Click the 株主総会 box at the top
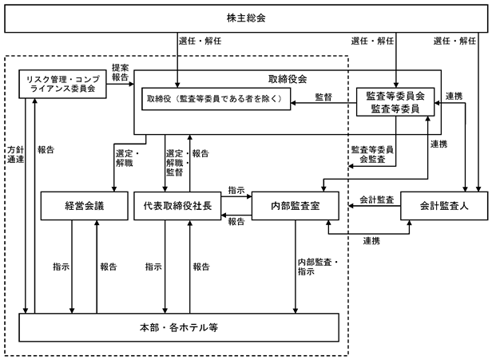(246, 18)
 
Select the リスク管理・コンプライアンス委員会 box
(62, 84)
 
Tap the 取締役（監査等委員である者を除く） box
(216, 99)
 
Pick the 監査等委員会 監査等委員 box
(395, 102)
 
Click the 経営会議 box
(85, 206)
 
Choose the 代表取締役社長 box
(177, 206)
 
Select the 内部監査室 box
(296, 206)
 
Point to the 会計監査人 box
(444, 206)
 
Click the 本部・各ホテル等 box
(179, 327)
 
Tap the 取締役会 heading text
(288, 79)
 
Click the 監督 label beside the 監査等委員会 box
(323, 97)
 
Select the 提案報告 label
(120, 73)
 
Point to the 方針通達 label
(16, 155)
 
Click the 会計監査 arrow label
(377, 200)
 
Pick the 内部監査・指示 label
(318, 267)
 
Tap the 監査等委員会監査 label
(372, 154)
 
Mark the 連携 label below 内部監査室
(372, 241)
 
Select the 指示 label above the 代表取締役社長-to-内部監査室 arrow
(236, 190)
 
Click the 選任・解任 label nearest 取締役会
(200, 41)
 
